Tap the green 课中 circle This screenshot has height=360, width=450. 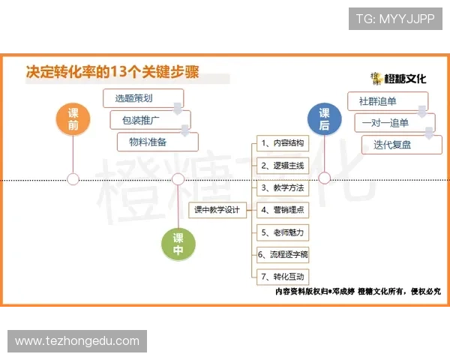[x=178, y=244]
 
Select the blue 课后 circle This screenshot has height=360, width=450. [x=324, y=119]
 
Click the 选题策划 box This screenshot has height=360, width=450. [x=142, y=97]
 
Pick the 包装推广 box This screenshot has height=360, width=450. [x=150, y=119]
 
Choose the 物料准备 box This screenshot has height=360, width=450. [x=157, y=141]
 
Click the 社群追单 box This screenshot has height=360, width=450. [x=387, y=101]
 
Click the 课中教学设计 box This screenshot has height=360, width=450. [x=217, y=210]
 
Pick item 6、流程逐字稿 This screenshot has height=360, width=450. [x=281, y=254]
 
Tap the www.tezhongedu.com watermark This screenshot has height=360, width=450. [x=77, y=341]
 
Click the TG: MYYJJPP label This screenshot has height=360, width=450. [x=395, y=19]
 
